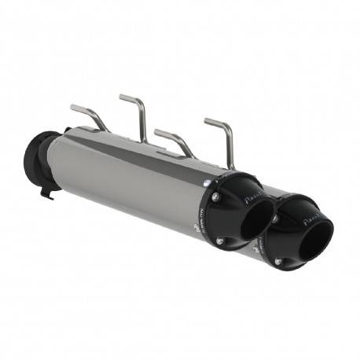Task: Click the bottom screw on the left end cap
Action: (222, 240)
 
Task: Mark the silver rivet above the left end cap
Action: (206, 183)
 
